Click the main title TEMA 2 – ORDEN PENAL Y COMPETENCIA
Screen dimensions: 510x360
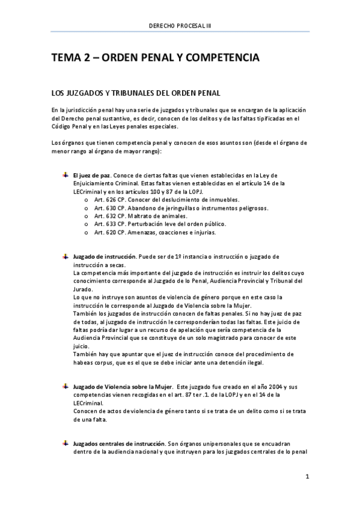click(155, 58)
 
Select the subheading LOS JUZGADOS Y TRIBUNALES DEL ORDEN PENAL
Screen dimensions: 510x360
click(138, 94)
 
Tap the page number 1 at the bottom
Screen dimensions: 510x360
click(307, 478)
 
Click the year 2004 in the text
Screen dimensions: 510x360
click(270, 385)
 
